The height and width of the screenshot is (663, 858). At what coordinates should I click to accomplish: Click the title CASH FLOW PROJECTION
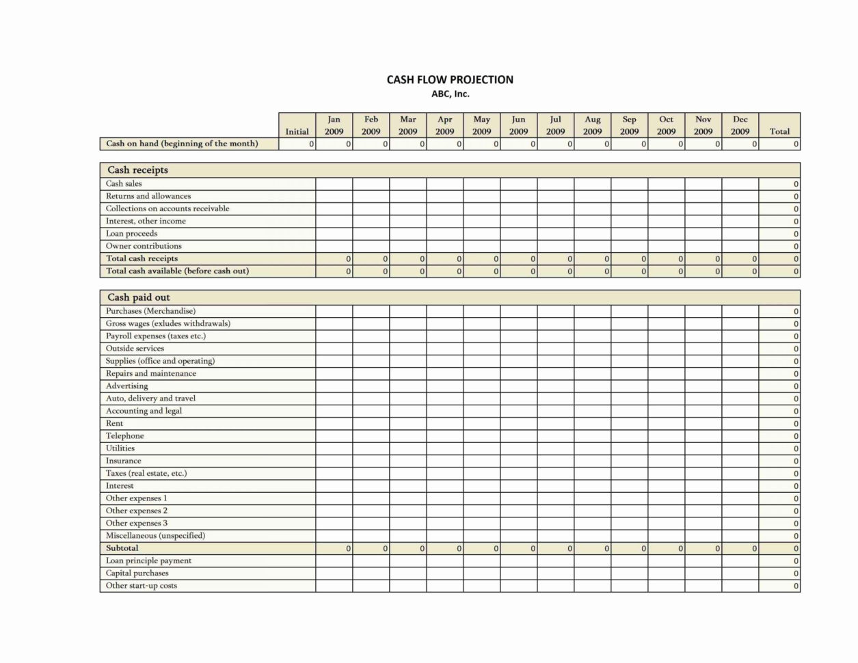pos(450,80)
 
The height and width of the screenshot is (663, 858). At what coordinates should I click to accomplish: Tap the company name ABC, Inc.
pos(450,94)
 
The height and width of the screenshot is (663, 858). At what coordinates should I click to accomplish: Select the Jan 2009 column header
pos(334,125)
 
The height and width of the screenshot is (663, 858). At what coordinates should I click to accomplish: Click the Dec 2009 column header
pos(740,125)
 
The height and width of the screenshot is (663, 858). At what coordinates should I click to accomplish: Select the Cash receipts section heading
pos(137,170)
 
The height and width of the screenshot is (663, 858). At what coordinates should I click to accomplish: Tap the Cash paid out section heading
pos(139,297)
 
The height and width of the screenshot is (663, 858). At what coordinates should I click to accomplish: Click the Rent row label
pos(115,424)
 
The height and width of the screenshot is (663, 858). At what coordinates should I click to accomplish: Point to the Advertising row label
pos(126,386)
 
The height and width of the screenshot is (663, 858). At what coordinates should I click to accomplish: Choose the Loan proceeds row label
pos(131,234)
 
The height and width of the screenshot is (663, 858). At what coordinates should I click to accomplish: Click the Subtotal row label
pos(122,548)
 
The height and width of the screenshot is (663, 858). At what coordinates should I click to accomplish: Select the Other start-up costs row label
pos(142,586)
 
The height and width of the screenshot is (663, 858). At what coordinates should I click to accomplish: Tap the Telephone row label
pos(124,436)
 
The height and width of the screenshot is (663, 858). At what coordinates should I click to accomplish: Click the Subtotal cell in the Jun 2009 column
pos(518,548)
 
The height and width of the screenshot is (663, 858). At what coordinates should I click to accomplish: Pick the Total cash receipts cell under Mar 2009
pos(407,259)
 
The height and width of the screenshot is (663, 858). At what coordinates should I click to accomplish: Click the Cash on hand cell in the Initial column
pos(297,144)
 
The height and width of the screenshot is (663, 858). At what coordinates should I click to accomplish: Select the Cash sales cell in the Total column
pos(779,184)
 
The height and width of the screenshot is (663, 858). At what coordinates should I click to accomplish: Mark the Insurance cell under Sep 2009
pos(629,461)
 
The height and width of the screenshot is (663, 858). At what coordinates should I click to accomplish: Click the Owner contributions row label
pos(144,246)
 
